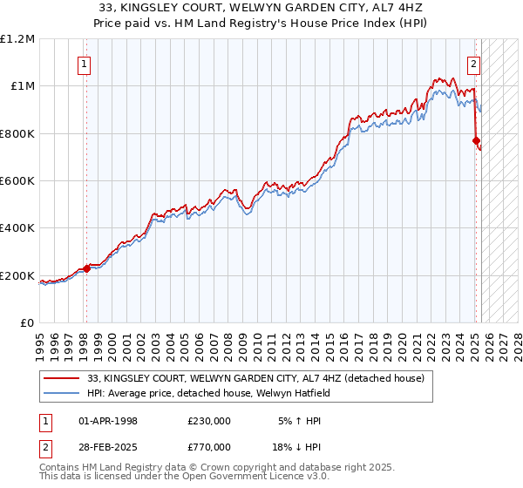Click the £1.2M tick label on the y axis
(x=17, y=38)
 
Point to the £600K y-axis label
(x=17, y=181)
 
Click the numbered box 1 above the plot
(x=85, y=63)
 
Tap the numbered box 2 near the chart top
(x=473, y=63)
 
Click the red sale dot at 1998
(x=86, y=268)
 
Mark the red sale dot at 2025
(x=476, y=140)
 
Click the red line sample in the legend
(x=62, y=378)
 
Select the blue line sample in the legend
(x=62, y=393)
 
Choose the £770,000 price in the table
(x=209, y=446)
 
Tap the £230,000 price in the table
(x=209, y=420)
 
